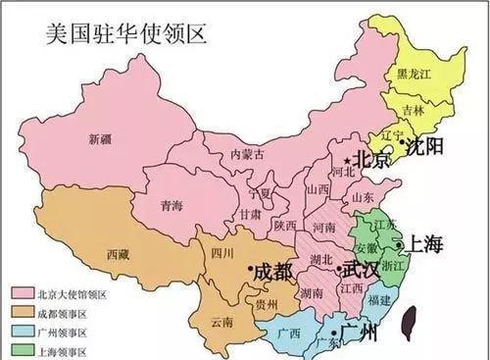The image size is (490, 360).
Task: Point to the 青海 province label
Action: coord(171,207)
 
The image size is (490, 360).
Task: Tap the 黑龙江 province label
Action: coord(416,74)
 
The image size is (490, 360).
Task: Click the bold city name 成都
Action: coord(271,271)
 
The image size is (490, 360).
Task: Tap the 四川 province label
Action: coord(221,253)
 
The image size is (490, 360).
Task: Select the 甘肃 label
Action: coord(250,215)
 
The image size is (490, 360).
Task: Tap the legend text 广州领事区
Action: coord(63,332)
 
